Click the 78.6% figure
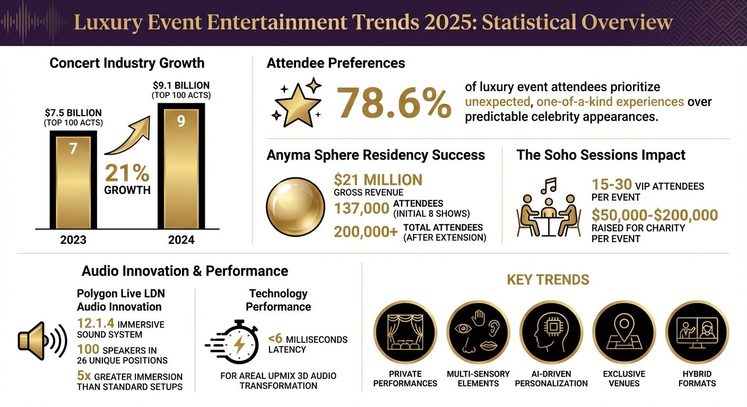[394, 102]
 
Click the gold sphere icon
[295, 207]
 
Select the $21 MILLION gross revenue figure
[378, 180]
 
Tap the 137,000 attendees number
[362, 209]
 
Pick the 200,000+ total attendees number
[366, 232]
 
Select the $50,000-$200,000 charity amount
[655, 215]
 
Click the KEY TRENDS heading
[548, 279]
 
